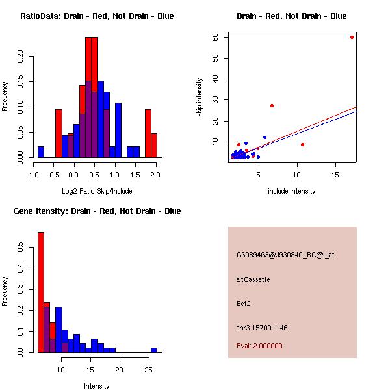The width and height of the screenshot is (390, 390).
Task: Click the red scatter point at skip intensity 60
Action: [x=352, y=37]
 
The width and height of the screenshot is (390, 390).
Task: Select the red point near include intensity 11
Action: [x=302, y=144]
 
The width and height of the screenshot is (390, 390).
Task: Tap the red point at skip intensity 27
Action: [x=272, y=105]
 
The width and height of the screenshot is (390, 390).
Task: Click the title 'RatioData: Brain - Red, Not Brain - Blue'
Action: [x=97, y=16]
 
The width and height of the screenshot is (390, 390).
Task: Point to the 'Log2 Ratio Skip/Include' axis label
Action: [x=97, y=191]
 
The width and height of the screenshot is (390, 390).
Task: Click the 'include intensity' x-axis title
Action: [x=292, y=191]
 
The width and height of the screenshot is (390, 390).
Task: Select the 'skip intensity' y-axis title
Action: [x=200, y=97]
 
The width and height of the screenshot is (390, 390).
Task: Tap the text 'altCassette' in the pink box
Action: [x=253, y=279]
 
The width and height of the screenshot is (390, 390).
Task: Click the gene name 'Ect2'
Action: [x=243, y=303]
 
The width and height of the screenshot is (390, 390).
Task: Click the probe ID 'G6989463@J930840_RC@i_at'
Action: [x=285, y=255]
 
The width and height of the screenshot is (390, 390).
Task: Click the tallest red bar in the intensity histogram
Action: [x=40, y=292]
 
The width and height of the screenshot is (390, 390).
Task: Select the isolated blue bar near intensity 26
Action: [x=154, y=350]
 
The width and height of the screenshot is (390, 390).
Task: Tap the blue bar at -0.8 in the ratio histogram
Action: [x=41, y=151]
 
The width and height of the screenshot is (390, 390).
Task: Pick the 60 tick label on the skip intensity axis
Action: [x=214, y=38]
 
